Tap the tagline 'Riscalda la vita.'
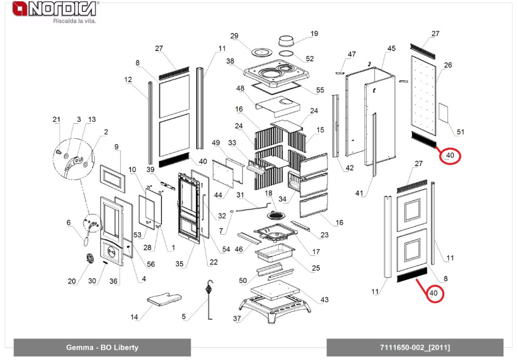75,21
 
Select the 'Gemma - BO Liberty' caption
102,348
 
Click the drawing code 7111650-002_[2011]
415,348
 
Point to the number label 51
460,133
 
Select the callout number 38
231,61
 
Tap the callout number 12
128,80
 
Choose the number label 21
56,120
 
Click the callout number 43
324,300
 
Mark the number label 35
179,264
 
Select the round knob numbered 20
89,257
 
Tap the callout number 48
240,89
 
